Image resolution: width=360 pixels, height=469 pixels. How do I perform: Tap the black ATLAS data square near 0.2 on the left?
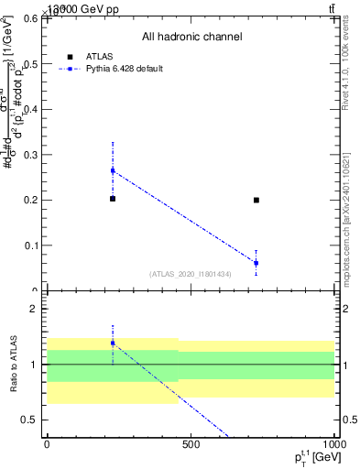(x=113, y=199)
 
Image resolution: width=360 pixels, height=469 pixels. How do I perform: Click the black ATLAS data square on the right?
(x=256, y=200)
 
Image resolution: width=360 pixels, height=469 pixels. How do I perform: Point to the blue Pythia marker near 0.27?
(x=113, y=170)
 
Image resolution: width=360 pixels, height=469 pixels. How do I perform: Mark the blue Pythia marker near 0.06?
(x=256, y=263)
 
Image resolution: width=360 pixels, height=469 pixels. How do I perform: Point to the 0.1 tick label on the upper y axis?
(x=30, y=245)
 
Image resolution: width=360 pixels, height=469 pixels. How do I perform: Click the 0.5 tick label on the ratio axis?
(x=30, y=420)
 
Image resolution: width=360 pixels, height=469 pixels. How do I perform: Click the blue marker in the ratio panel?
(x=113, y=343)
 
